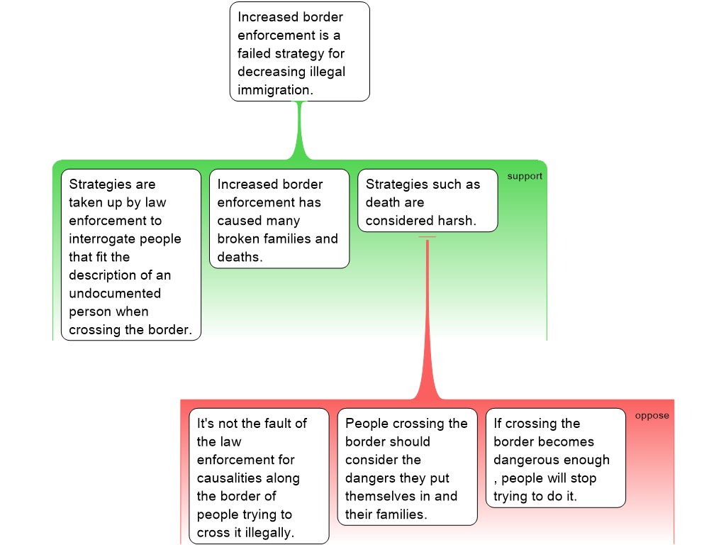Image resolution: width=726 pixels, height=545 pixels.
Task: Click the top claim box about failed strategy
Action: pyautogui.click(x=299, y=51)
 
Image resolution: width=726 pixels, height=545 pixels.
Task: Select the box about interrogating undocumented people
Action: pyautogui.click(x=130, y=254)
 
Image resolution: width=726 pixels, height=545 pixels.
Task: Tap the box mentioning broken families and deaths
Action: pyautogui.click(x=279, y=219)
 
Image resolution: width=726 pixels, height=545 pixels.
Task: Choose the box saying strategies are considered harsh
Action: pyautogui.click(x=427, y=200)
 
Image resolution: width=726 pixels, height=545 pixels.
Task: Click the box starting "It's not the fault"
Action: pyautogui.click(x=258, y=475)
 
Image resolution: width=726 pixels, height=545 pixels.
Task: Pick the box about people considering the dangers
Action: pyautogui.click(x=407, y=467)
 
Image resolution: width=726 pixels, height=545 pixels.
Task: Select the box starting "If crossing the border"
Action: pyautogui.click(x=555, y=458)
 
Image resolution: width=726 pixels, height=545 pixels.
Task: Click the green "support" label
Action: pyautogui.click(x=525, y=176)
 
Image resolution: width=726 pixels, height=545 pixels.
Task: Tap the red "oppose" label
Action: pyautogui.click(x=652, y=415)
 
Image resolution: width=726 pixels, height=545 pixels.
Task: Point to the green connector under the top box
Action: pyautogui.click(x=300, y=131)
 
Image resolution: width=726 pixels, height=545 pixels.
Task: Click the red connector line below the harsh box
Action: pyautogui.click(x=428, y=319)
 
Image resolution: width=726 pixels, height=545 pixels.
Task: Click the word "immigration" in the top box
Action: pyautogui.click(x=274, y=90)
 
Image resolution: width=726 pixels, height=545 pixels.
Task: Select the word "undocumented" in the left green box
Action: pyautogui.click(x=115, y=293)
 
